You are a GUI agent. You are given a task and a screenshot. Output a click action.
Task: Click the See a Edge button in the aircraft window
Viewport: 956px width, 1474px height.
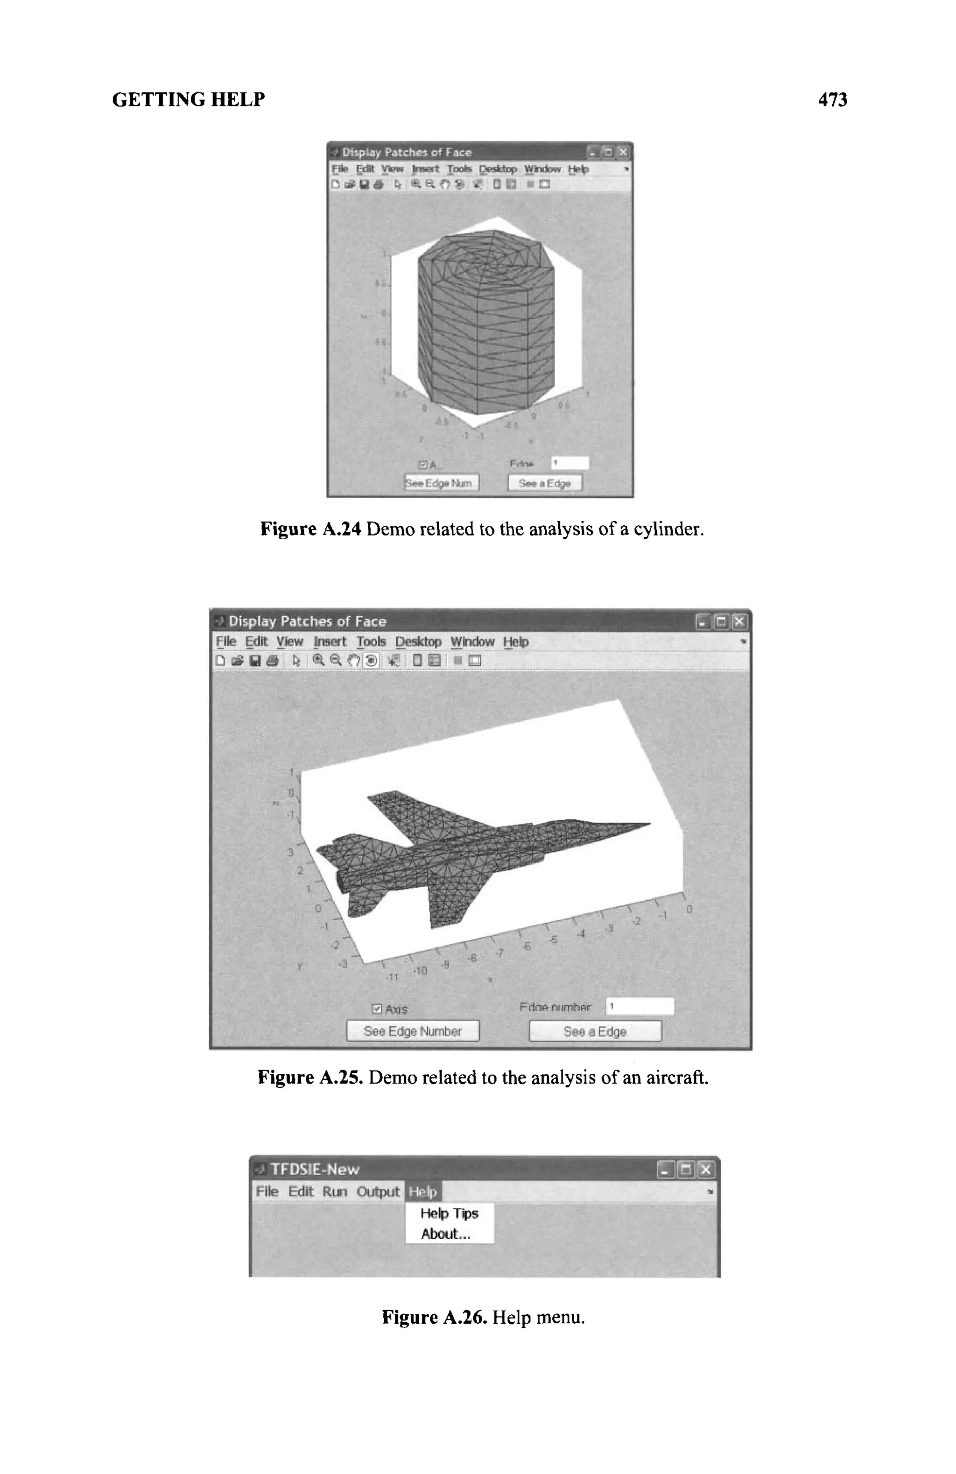click(594, 1030)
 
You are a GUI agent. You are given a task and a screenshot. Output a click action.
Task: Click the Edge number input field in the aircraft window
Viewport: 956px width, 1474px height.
click(640, 1007)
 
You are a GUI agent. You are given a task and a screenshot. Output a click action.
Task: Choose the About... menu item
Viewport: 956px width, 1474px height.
click(446, 1234)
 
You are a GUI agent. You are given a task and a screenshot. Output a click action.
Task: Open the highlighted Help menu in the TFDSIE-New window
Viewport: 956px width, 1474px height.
click(423, 1192)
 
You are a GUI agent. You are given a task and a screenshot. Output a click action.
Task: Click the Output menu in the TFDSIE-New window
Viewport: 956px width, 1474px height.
click(378, 1192)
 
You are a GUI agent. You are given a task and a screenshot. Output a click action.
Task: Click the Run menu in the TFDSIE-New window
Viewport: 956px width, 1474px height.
click(334, 1192)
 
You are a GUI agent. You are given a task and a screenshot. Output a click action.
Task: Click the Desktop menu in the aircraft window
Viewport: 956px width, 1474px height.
click(419, 642)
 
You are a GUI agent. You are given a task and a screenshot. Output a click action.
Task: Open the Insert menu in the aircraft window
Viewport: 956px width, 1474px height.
click(330, 642)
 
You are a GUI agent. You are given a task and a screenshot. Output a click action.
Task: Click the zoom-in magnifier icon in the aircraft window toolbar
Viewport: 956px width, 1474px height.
click(318, 660)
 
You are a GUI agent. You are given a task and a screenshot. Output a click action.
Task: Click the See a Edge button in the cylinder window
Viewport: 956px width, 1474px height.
click(545, 483)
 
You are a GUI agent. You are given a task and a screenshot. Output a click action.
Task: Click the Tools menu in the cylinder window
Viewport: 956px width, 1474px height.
click(459, 169)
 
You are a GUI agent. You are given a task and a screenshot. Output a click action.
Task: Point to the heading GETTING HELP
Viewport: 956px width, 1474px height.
click(188, 100)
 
